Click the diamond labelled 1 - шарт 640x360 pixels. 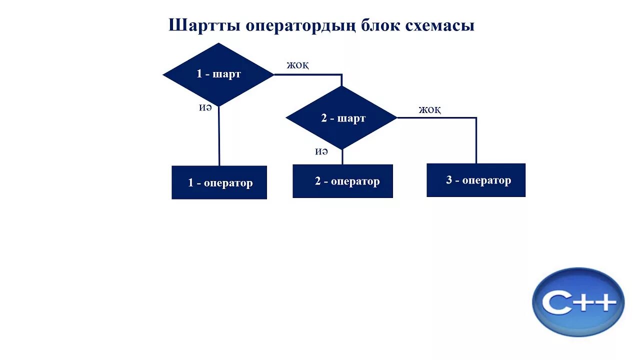click(x=218, y=74)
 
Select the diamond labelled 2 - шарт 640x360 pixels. click(x=341, y=118)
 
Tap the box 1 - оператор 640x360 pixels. click(x=219, y=182)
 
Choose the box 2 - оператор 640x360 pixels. click(x=342, y=181)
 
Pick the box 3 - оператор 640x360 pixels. click(x=476, y=180)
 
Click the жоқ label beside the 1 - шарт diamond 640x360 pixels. click(x=297, y=65)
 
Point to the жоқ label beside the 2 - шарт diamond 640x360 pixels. click(x=430, y=109)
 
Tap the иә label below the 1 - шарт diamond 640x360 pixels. click(x=205, y=107)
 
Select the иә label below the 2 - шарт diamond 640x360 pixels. click(x=321, y=151)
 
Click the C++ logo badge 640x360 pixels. click(x=578, y=301)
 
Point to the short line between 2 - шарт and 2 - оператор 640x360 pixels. click(x=342, y=156)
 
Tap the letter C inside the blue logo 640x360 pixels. click(x=556, y=303)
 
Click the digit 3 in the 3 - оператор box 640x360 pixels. click(x=449, y=180)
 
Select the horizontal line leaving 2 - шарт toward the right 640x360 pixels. click(x=435, y=118)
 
